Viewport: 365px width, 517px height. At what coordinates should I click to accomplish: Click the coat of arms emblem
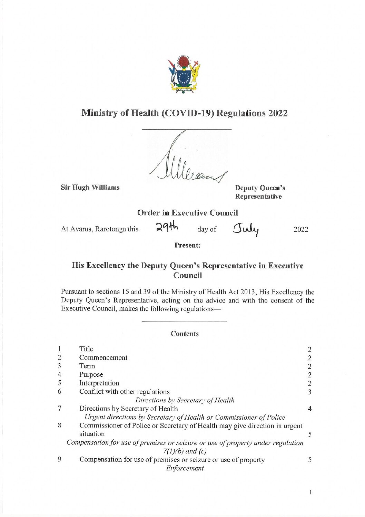point(184,74)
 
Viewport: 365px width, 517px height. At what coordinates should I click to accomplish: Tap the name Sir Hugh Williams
point(90,188)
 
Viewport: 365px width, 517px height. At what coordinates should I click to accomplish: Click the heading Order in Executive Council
point(187,213)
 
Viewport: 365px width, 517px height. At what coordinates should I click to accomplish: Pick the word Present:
point(187,246)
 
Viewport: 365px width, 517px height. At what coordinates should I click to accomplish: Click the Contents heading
point(185,334)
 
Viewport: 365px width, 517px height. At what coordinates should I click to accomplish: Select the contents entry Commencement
point(103,358)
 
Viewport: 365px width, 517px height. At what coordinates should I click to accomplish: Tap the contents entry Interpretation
point(99,383)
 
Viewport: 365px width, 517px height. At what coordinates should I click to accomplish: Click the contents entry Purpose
point(91,375)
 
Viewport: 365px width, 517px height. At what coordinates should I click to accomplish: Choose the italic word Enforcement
point(185,468)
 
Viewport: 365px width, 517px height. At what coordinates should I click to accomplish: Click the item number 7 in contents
point(60,409)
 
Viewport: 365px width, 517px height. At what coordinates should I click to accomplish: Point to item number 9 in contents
point(60,460)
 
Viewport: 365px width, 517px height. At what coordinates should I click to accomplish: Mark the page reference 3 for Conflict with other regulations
point(309,392)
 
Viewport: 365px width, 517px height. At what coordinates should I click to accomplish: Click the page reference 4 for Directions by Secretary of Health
point(309,409)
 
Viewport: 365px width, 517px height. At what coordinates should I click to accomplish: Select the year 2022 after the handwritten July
point(301,229)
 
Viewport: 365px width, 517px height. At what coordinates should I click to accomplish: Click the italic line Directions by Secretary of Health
point(185,400)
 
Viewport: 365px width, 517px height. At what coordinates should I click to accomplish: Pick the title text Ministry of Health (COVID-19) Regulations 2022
point(185,113)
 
